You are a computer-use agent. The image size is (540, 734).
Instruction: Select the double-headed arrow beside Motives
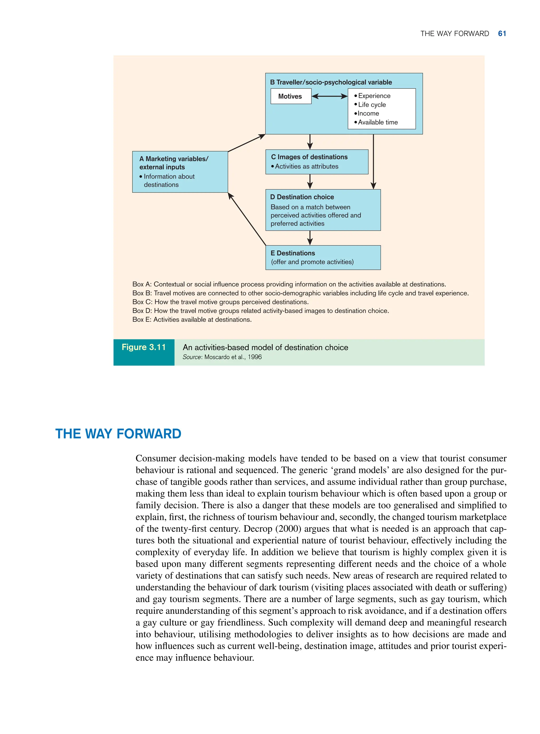(330, 96)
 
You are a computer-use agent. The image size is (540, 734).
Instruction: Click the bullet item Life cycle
(372, 105)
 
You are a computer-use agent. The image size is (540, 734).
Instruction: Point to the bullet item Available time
(378, 122)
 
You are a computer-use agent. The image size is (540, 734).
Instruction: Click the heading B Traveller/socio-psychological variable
(331, 82)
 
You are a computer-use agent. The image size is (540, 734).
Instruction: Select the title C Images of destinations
(309, 157)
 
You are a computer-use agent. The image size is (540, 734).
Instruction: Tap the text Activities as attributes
(306, 166)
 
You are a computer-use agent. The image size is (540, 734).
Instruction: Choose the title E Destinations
(293, 253)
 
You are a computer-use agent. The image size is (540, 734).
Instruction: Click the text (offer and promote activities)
(312, 262)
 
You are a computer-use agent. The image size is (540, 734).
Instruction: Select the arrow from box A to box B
(247, 143)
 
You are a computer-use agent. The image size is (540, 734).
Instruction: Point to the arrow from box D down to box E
(310, 238)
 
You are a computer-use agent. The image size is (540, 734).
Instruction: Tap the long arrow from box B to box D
(373, 162)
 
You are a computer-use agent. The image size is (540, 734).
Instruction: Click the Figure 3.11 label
(143, 347)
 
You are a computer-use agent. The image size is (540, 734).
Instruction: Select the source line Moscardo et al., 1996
(222, 357)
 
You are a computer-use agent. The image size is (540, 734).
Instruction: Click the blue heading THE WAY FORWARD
(118, 434)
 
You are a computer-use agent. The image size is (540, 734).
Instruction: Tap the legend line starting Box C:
(220, 302)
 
